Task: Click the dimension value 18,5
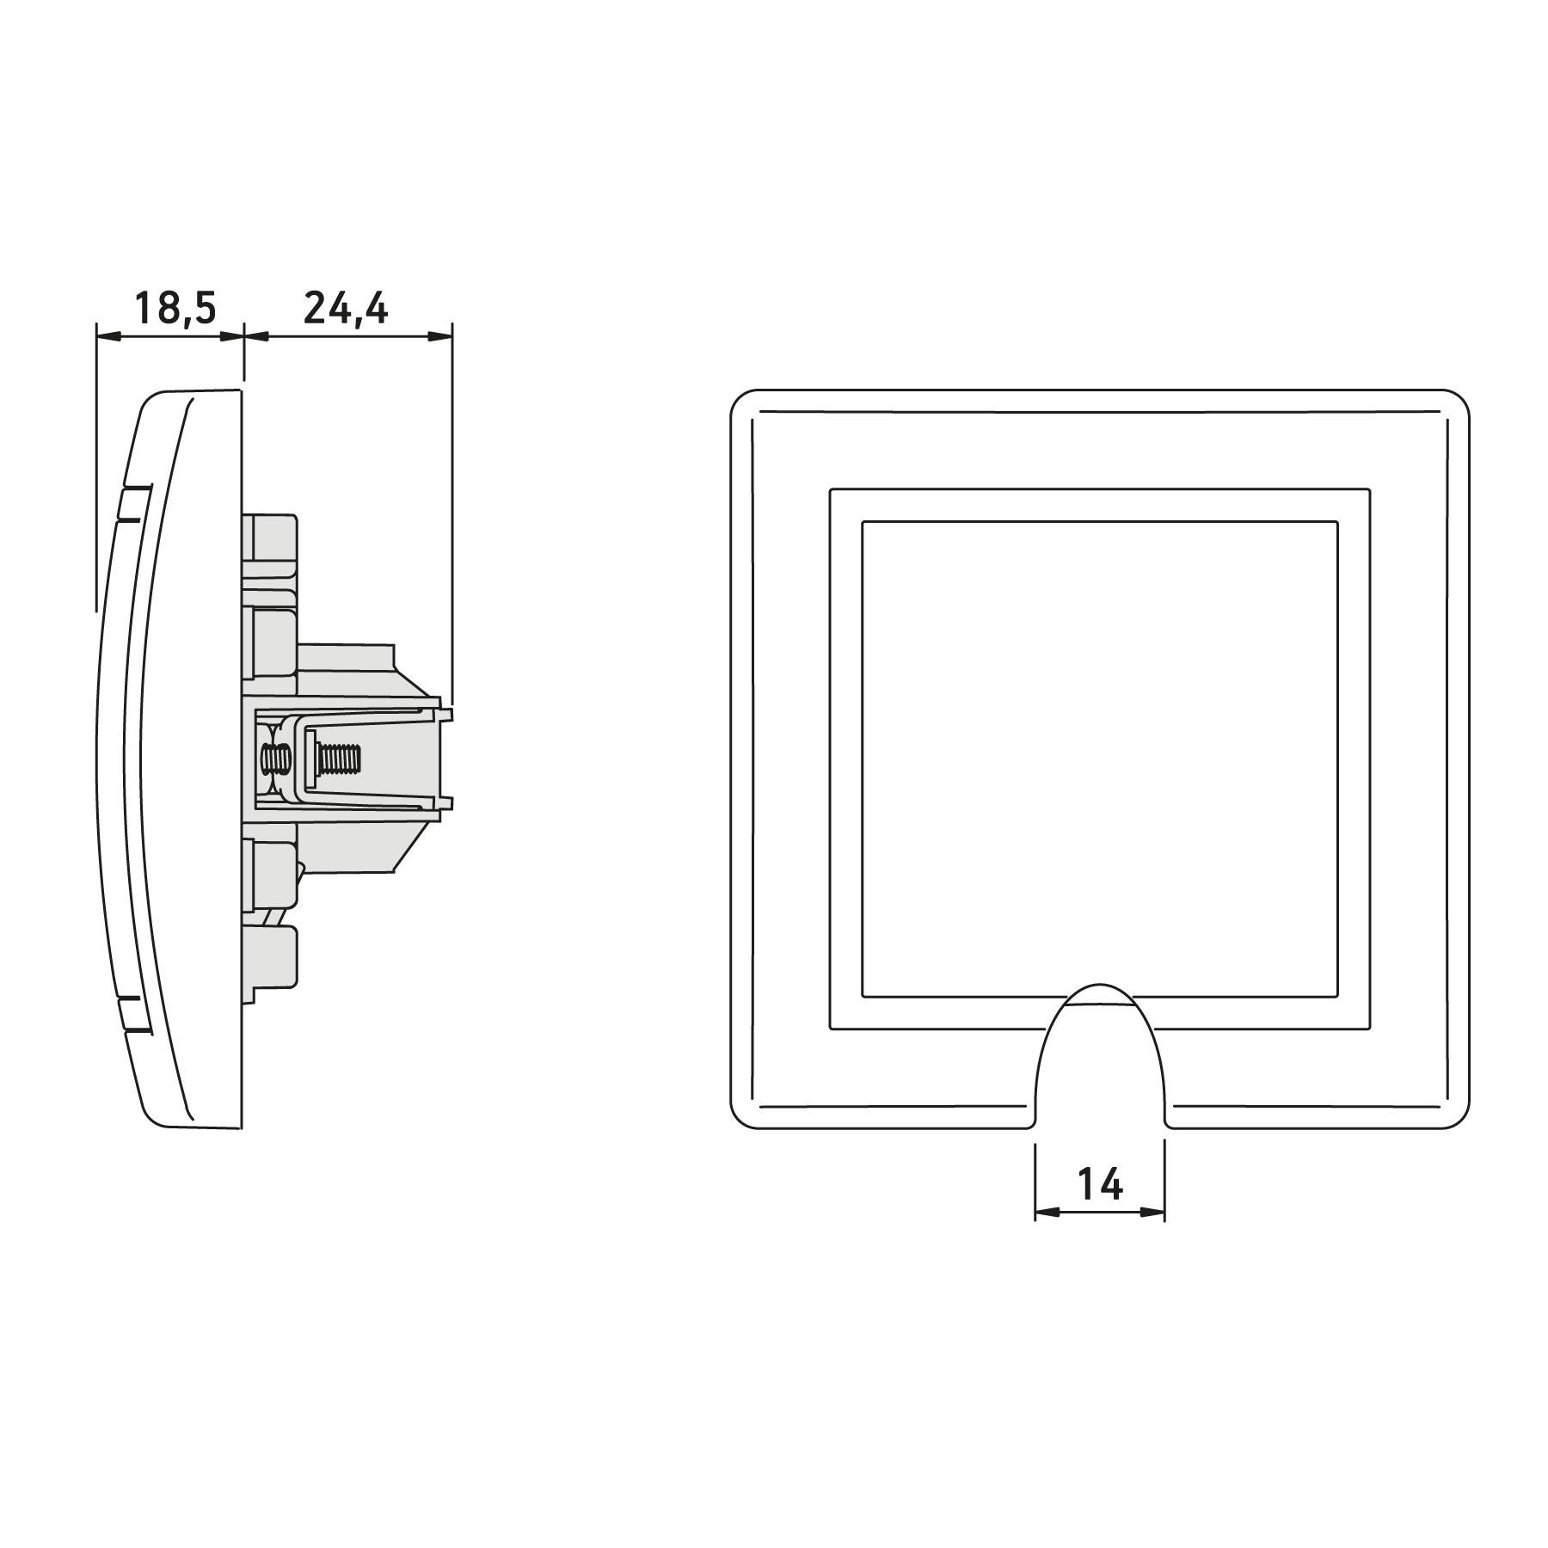pyautogui.click(x=175, y=308)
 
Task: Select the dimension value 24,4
pyautogui.click(x=346, y=308)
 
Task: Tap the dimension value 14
pyautogui.click(x=1100, y=1185)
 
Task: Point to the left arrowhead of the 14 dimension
pyautogui.click(x=1046, y=1213)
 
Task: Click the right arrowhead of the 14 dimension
pyautogui.click(x=1154, y=1213)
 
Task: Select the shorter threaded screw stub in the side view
pyautogui.click(x=276, y=760)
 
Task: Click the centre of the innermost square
pyautogui.click(x=1100, y=759)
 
